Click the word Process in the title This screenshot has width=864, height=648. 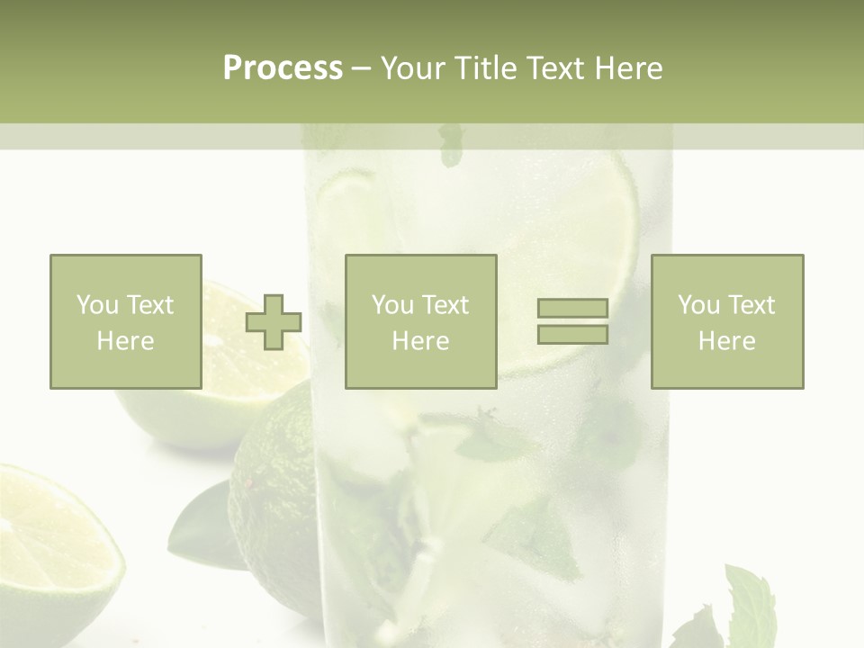pos(283,68)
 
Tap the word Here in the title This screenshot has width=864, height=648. pos(628,68)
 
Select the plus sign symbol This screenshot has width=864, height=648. pos(274,321)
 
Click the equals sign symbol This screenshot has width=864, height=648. pos(572,321)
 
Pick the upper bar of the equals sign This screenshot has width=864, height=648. pos(572,309)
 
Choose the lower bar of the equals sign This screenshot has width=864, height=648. pos(572,334)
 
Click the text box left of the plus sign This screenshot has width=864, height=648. pos(125,321)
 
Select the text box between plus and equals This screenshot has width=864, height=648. pos(420,321)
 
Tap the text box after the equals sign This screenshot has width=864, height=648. pos(726,321)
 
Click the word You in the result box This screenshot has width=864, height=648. pos(697,305)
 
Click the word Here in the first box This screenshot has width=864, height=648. pos(125,341)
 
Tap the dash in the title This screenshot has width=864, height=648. pos(362,68)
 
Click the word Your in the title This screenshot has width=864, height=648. pos(410,68)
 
